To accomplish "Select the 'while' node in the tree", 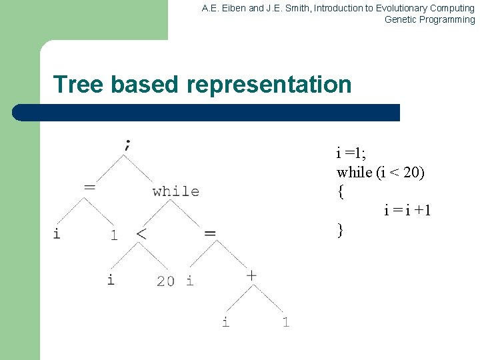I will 175,191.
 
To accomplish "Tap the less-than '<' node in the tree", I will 141,234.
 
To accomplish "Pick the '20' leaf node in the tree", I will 165,281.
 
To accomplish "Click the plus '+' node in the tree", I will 251,274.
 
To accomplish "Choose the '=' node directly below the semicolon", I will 89,187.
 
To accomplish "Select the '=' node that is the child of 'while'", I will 210,233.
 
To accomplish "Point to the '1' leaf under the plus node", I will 285,322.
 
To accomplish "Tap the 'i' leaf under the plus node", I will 225,322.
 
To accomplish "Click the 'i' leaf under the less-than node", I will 111,279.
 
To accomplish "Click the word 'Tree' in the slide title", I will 79,85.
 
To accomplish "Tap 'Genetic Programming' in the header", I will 429,19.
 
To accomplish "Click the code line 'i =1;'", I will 351,153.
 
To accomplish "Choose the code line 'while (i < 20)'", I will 380,172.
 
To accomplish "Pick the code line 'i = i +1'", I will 407,211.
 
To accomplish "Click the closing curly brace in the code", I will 341,230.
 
